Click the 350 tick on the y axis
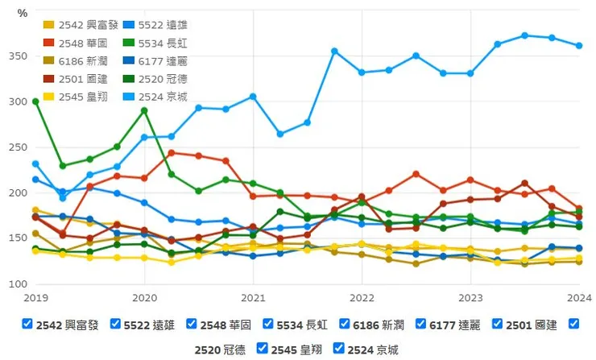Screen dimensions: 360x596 pos(18,56)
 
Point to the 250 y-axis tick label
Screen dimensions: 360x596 pos(18,147)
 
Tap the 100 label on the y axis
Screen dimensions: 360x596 pos(18,285)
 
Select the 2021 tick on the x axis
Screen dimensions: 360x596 pos(253,297)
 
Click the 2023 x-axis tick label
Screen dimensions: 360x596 pos(470,297)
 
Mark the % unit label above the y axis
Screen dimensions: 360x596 pos(23,14)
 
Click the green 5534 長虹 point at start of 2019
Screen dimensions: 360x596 pos(35,101)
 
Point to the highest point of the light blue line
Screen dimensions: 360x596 pos(524,35)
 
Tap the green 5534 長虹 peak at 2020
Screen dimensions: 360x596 pos(144,110)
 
